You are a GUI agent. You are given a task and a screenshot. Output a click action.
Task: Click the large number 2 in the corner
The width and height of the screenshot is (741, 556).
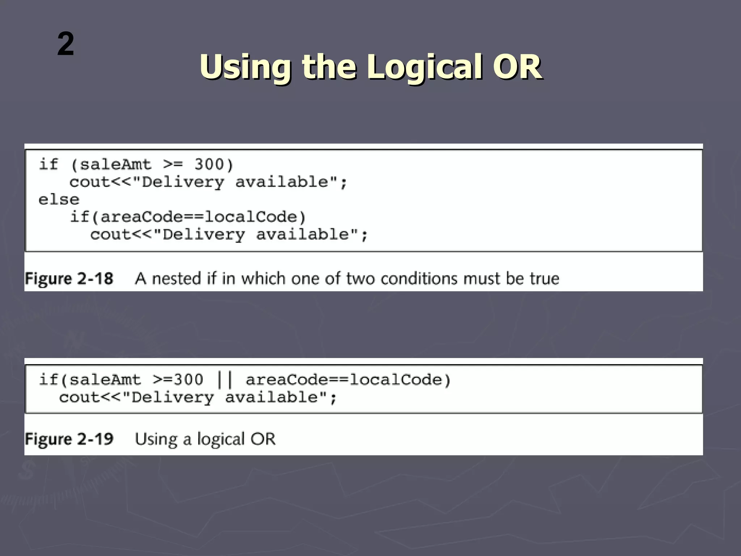tap(65, 44)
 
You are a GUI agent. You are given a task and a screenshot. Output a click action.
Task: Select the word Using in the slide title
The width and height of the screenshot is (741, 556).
tap(245, 67)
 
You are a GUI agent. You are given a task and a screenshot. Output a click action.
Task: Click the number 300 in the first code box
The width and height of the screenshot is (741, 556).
tap(209, 165)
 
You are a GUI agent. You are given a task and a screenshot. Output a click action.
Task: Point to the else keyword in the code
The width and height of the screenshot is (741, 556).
tap(59, 199)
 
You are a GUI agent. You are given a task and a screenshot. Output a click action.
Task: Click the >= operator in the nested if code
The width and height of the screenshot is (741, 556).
tap(173, 165)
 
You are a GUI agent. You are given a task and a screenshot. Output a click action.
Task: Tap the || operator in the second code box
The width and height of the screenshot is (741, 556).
tap(225, 380)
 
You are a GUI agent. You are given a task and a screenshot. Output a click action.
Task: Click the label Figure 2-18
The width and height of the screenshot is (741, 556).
tap(69, 279)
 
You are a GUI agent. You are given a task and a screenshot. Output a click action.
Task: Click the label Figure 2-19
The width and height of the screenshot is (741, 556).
tap(69, 439)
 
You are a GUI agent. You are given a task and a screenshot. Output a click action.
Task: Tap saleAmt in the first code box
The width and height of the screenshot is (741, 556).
tap(115, 165)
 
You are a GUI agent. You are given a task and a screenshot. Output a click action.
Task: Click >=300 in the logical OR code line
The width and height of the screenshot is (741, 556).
tap(178, 380)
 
